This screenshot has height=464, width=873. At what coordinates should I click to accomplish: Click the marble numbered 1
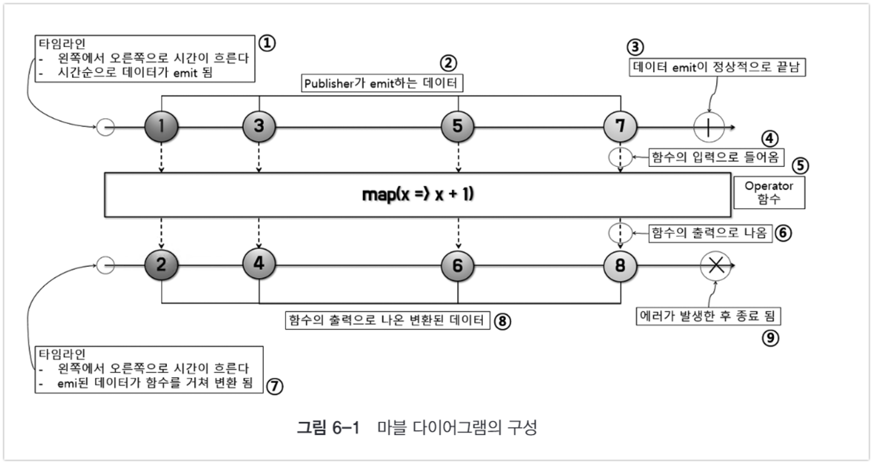[x=161, y=126]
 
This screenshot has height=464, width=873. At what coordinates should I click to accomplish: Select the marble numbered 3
[x=259, y=126]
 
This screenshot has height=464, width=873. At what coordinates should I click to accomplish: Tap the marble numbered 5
[x=457, y=126]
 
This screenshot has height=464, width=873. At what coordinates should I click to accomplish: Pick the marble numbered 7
[x=620, y=126]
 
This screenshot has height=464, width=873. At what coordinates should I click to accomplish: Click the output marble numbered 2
[x=161, y=265]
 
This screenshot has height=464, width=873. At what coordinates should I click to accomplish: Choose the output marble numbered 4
[x=259, y=264]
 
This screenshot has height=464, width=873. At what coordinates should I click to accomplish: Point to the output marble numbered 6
[x=457, y=266]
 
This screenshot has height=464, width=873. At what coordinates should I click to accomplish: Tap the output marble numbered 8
[x=620, y=266]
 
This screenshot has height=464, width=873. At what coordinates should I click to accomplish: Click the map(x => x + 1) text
[x=418, y=194]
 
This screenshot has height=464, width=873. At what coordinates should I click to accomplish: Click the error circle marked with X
[x=716, y=266]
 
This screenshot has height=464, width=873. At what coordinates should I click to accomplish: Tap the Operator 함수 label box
[x=769, y=193]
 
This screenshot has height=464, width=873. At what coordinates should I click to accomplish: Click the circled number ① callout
[x=267, y=43]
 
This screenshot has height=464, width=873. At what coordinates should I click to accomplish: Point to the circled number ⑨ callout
[x=770, y=338]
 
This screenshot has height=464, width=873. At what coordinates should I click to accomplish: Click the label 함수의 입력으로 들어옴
[x=716, y=158]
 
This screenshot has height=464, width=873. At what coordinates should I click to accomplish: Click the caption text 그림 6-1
[x=328, y=428]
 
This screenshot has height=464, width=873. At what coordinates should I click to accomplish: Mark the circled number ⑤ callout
[x=800, y=166]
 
